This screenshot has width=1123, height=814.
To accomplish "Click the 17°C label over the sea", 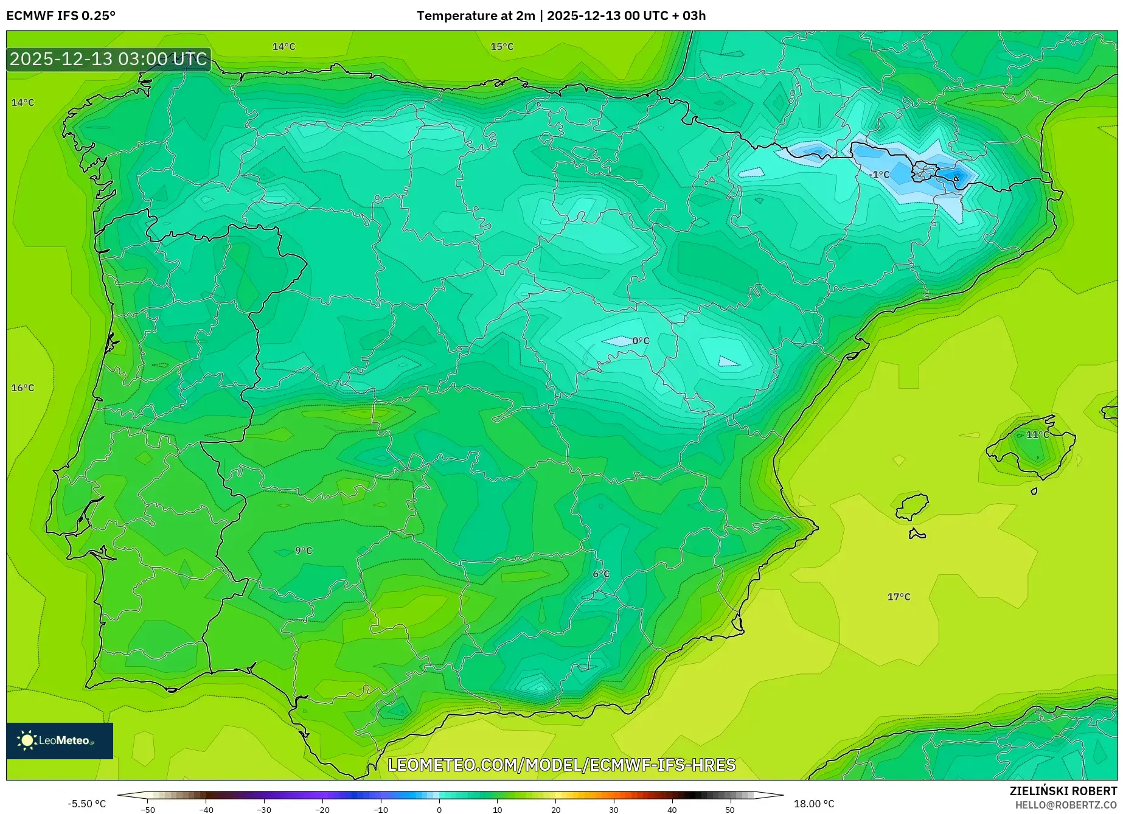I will click(x=899, y=597).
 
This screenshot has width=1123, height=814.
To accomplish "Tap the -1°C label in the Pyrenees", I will click(x=879, y=175).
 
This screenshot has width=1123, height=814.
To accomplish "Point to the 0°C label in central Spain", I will click(x=641, y=341).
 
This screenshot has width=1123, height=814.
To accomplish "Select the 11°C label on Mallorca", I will click(x=1037, y=434).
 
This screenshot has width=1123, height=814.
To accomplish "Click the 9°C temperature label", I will click(x=303, y=551).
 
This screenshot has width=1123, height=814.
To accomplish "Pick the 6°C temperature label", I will click(x=601, y=574).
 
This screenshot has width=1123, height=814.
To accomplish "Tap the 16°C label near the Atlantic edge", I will click(x=23, y=388).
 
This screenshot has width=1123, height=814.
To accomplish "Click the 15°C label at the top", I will click(x=502, y=46).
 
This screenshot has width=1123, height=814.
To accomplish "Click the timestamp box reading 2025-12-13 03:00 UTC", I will click(x=108, y=59).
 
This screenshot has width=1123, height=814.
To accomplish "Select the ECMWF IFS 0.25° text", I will click(x=61, y=16).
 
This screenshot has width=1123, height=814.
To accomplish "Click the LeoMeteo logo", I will click(x=60, y=740).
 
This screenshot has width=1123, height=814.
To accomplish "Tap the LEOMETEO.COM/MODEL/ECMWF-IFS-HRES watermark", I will click(x=561, y=765).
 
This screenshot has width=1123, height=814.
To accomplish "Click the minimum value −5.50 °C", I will click(x=86, y=804).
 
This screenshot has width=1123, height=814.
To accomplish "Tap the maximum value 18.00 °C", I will click(x=814, y=804).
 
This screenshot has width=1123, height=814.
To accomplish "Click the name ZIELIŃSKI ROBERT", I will click(x=1063, y=791).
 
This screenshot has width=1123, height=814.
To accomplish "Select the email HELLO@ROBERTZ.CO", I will click(x=1066, y=805).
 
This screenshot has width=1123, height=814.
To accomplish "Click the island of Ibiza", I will click(x=913, y=507).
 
